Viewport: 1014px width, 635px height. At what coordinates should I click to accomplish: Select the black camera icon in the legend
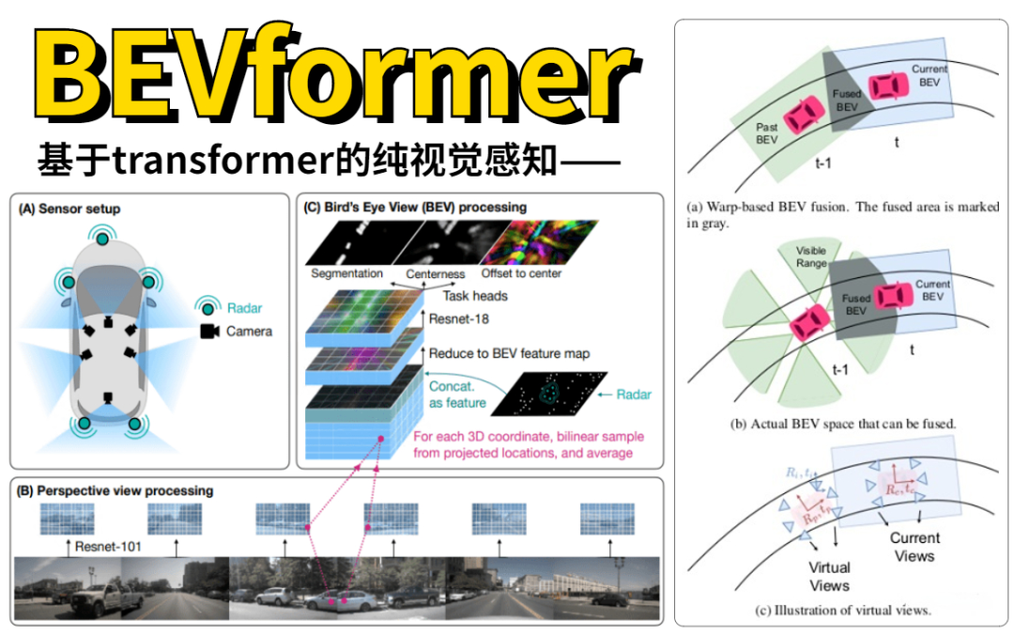point(209,331)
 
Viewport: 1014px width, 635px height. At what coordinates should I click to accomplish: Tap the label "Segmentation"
point(346,273)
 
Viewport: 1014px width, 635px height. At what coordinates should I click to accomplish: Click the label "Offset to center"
point(521,273)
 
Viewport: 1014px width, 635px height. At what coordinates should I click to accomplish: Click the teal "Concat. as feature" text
point(458,395)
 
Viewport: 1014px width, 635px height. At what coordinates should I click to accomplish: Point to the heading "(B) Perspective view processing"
point(115,490)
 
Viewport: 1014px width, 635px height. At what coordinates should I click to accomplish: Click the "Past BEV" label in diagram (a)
point(766,132)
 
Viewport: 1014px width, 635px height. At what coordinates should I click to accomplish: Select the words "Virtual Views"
point(829,576)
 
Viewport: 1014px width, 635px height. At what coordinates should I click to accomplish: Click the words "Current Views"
point(914,547)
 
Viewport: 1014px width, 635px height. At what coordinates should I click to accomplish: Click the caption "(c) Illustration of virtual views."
point(842,611)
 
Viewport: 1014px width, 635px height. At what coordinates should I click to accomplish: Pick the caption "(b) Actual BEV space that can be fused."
point(842,424)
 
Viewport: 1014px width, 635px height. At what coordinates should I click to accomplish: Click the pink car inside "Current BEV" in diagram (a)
point(886,86)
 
